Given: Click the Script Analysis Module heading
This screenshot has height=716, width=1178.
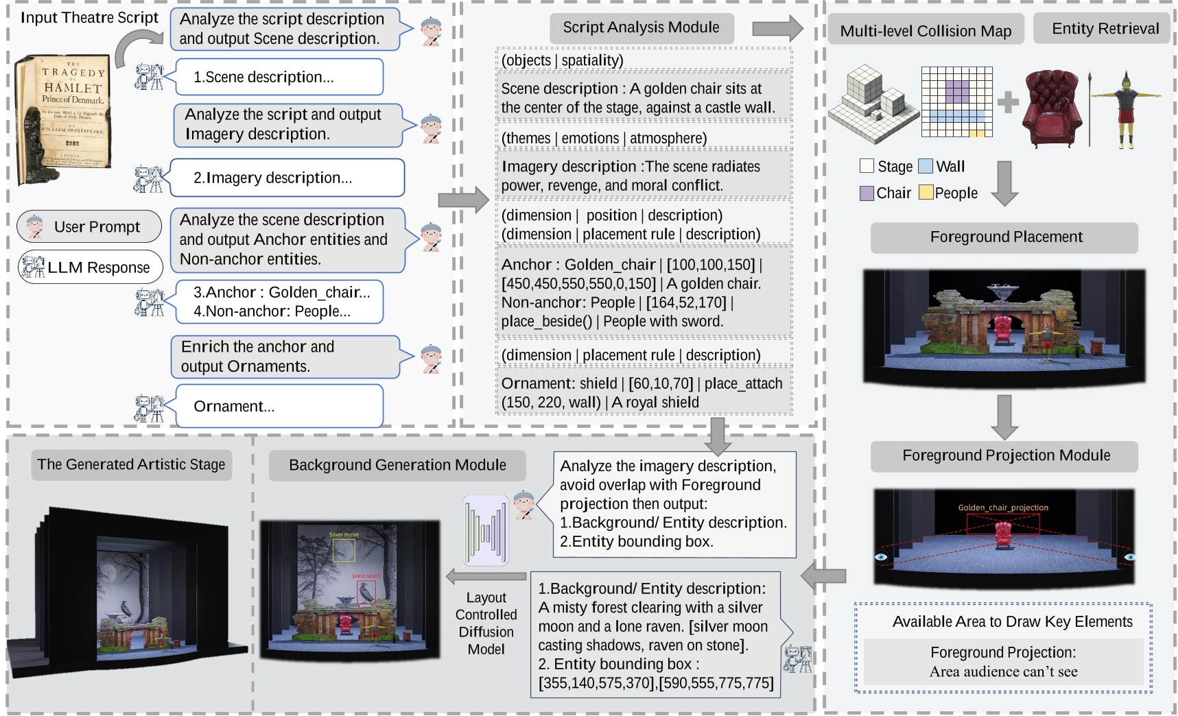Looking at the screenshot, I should [641, 27].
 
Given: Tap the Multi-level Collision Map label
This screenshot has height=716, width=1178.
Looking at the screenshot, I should [926, 31].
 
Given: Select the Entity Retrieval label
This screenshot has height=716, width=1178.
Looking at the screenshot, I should [1105, 29].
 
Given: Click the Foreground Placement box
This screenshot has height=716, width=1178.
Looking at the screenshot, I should [1005, 237].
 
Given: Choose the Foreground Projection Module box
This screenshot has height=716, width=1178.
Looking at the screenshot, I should [1005, 455].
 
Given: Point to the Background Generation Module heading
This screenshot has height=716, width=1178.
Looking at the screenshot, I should [397, 465].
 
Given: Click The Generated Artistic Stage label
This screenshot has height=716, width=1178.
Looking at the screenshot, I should [131, 465].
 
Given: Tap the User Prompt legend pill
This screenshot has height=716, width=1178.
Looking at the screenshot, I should [89, 227].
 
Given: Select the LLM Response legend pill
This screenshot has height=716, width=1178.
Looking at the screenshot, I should [90, 267].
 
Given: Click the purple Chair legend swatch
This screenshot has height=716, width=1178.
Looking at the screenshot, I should [867, 193].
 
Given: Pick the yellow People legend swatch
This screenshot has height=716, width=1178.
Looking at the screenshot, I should [926, 193].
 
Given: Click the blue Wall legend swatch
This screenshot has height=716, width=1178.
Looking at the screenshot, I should [925, 166].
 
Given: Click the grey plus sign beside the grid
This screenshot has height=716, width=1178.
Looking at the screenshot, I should [1007, 103].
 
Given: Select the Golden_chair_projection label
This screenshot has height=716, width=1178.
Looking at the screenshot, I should [1003, 508].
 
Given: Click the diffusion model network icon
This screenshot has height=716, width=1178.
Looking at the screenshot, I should [486, 530].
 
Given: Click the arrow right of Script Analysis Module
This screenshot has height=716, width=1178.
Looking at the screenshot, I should [777, 28].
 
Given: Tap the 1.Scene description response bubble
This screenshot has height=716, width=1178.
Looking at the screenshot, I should [279, 77].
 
